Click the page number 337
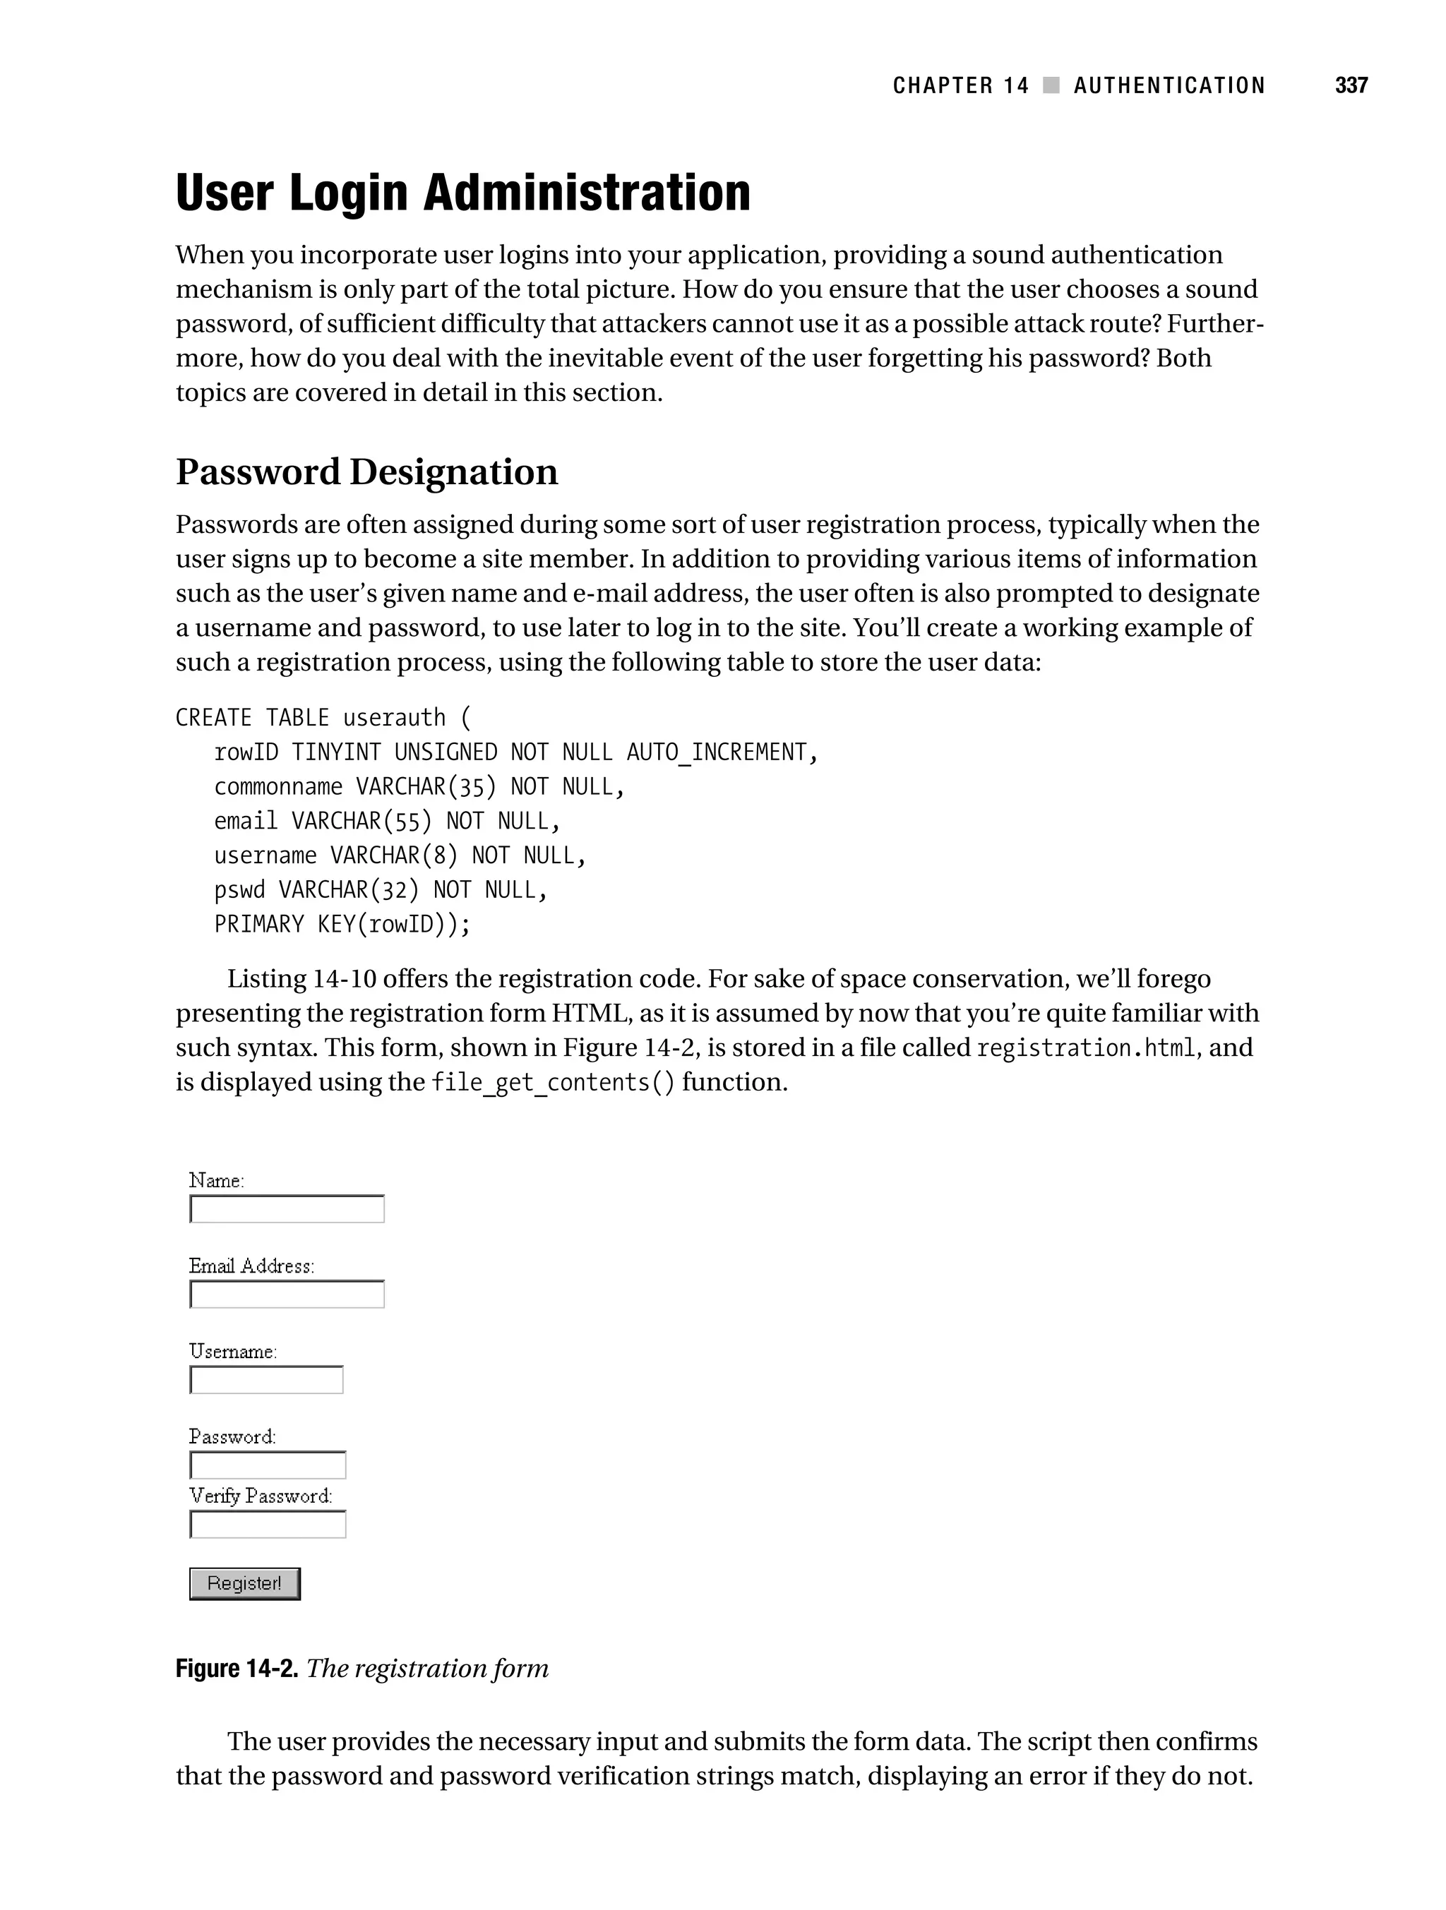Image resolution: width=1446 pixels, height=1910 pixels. point(1351,85)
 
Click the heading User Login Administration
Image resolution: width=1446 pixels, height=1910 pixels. point(463,193)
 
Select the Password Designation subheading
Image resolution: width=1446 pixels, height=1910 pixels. point(366,472)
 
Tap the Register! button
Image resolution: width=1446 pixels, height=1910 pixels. point(244,1584)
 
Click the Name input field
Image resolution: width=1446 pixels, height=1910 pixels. point(287,1209)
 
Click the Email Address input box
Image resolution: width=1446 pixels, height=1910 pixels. point(287,1295)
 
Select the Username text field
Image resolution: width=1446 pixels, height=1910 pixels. point(266,1380)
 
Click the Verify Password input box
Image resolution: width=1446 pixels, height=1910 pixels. point(268,1525)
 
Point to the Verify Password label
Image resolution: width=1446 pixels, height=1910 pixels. point(260,1496)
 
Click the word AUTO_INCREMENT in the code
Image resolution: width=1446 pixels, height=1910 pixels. point(716,752)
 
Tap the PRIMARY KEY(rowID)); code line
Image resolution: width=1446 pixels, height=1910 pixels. point(342,925)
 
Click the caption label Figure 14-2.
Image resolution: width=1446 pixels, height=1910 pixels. point(237,1668)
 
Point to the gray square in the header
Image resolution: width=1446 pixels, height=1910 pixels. point(1051,85)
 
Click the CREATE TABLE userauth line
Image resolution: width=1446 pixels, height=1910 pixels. point(323,718)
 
